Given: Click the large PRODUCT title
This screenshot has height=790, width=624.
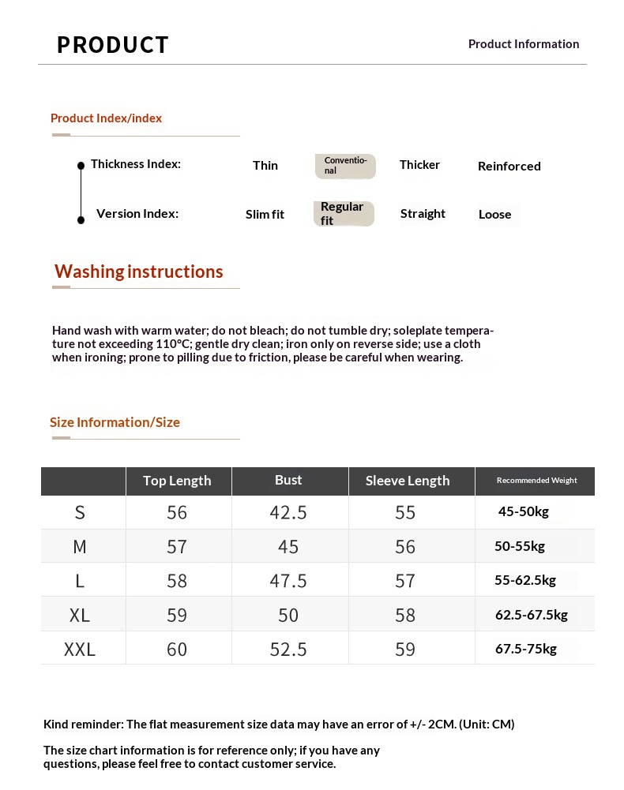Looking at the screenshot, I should [113, 45].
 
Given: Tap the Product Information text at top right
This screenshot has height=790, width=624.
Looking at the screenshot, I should [524, 44].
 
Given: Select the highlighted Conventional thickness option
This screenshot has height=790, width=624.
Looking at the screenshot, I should [345, 166].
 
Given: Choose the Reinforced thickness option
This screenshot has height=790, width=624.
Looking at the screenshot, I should [509, 167].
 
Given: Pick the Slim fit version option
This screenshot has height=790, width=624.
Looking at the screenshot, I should [265, 215].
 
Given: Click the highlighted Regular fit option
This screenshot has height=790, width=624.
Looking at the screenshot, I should [343, 214].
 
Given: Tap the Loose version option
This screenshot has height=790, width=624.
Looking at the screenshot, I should [495, 215].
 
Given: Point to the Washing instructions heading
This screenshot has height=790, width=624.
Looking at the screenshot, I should [139, 271].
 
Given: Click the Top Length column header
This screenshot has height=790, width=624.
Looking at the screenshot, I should [177, 481].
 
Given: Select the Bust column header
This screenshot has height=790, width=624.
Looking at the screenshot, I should [288, 480].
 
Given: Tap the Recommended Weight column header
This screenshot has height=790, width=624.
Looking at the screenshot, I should [536, 481].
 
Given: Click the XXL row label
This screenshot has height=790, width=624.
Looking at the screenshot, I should [80, 650].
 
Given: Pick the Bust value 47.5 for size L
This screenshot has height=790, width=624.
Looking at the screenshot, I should [288, 581].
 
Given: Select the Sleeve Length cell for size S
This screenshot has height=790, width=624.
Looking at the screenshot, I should [405, 513].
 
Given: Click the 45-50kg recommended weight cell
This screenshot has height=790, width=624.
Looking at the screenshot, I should [524, 511].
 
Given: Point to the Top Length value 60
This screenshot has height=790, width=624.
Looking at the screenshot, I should [177, 650].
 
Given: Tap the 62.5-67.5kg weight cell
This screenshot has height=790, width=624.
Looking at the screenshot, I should [532, 615].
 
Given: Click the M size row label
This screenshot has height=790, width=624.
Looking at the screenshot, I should [80, 547].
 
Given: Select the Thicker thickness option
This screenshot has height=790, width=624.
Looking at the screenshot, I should [419, 165].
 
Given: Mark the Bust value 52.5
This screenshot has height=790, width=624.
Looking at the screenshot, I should [288, 650].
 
